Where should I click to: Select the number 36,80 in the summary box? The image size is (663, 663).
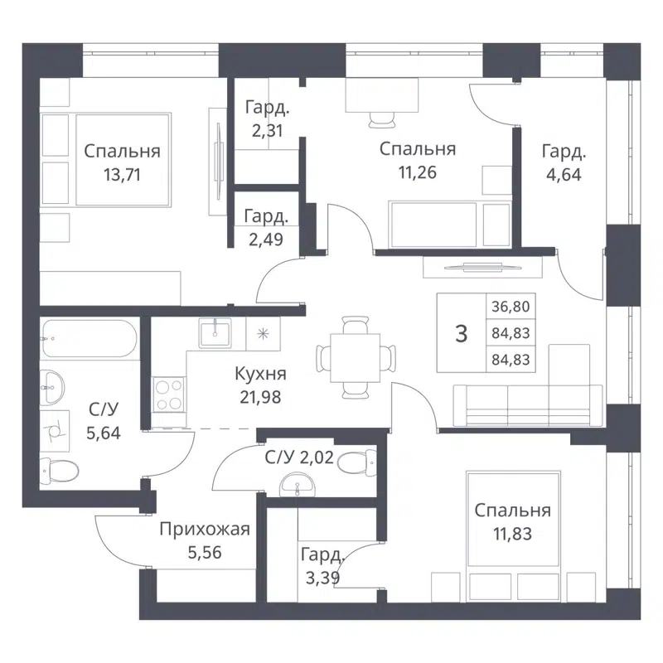[x=511, y=307]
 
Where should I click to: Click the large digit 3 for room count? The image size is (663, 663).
[x=462, y=333]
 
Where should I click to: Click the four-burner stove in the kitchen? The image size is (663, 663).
[x=169, y=394]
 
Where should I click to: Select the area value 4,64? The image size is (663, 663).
[x=564, y=173]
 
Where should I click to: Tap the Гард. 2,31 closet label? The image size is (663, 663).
[x=265, y=106]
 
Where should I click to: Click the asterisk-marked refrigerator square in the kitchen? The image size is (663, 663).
[x=264, y=334]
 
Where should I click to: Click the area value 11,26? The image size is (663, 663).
[x=417, y=173]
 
